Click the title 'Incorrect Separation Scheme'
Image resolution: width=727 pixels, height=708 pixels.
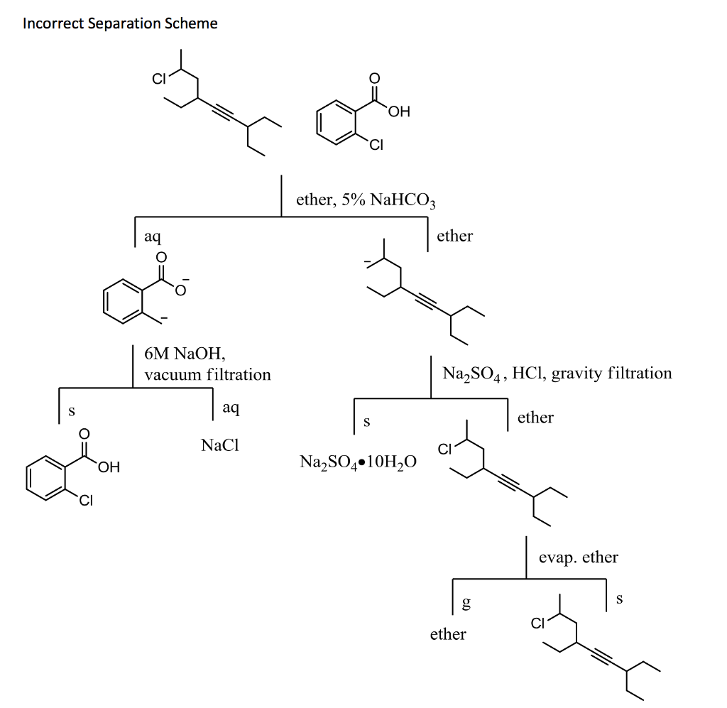[120, 23]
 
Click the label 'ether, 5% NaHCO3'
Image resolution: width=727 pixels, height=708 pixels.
[366, 200]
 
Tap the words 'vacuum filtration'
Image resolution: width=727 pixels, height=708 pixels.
[207, 374]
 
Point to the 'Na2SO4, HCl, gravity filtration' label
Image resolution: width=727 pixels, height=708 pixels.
[557, 373]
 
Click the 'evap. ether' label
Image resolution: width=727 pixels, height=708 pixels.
[578, 557]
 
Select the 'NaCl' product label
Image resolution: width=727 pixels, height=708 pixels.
[220, 446]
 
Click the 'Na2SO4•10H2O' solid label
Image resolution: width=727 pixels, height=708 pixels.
[359, 462]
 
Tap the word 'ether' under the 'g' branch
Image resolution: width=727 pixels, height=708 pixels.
[448, 634]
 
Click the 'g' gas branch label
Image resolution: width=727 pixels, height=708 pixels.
[466, 604]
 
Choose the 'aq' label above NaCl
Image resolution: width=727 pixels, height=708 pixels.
[231, 408]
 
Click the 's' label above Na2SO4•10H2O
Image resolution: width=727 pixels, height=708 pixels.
[366, 423]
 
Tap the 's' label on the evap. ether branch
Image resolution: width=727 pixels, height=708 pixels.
[619, 599]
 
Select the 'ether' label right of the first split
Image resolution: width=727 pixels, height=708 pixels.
[454, 236]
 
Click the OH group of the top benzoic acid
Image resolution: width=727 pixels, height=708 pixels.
[399, 111]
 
